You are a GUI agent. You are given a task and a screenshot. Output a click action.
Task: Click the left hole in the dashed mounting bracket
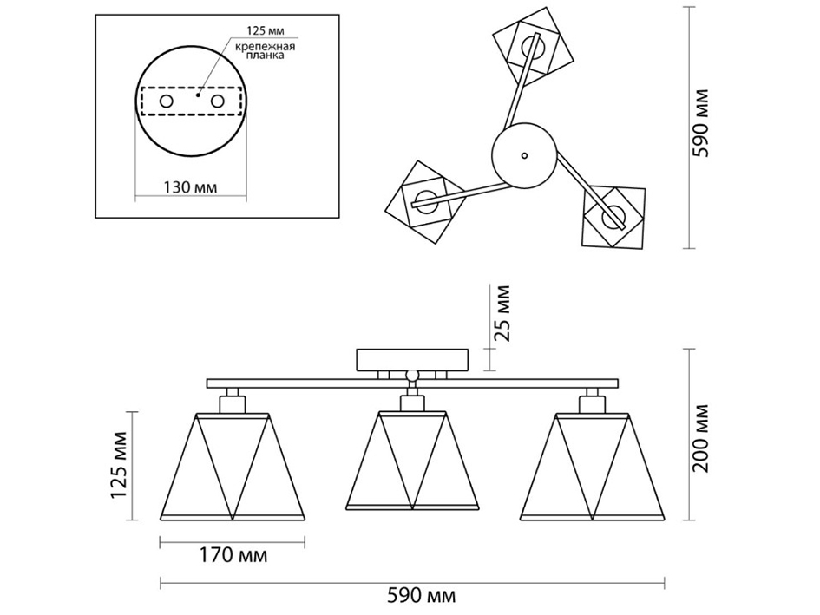[164, 102]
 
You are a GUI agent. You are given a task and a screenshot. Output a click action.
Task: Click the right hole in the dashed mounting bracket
[217, 102]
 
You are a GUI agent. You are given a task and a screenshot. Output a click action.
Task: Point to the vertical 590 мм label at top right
[704, 121]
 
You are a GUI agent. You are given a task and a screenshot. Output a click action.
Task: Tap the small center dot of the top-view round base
[523, 156]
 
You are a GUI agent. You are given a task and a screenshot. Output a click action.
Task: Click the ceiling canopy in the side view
[413, 359]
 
